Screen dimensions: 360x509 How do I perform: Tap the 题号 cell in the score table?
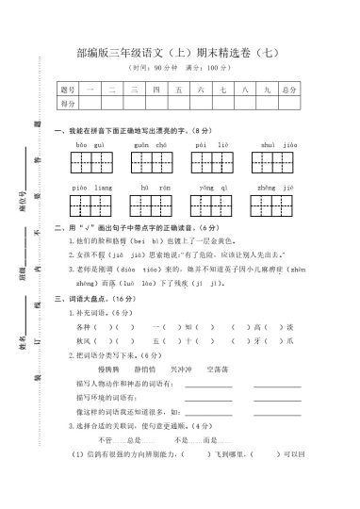point(66,90)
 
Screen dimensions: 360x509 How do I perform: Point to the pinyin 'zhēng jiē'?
point(279,189)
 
